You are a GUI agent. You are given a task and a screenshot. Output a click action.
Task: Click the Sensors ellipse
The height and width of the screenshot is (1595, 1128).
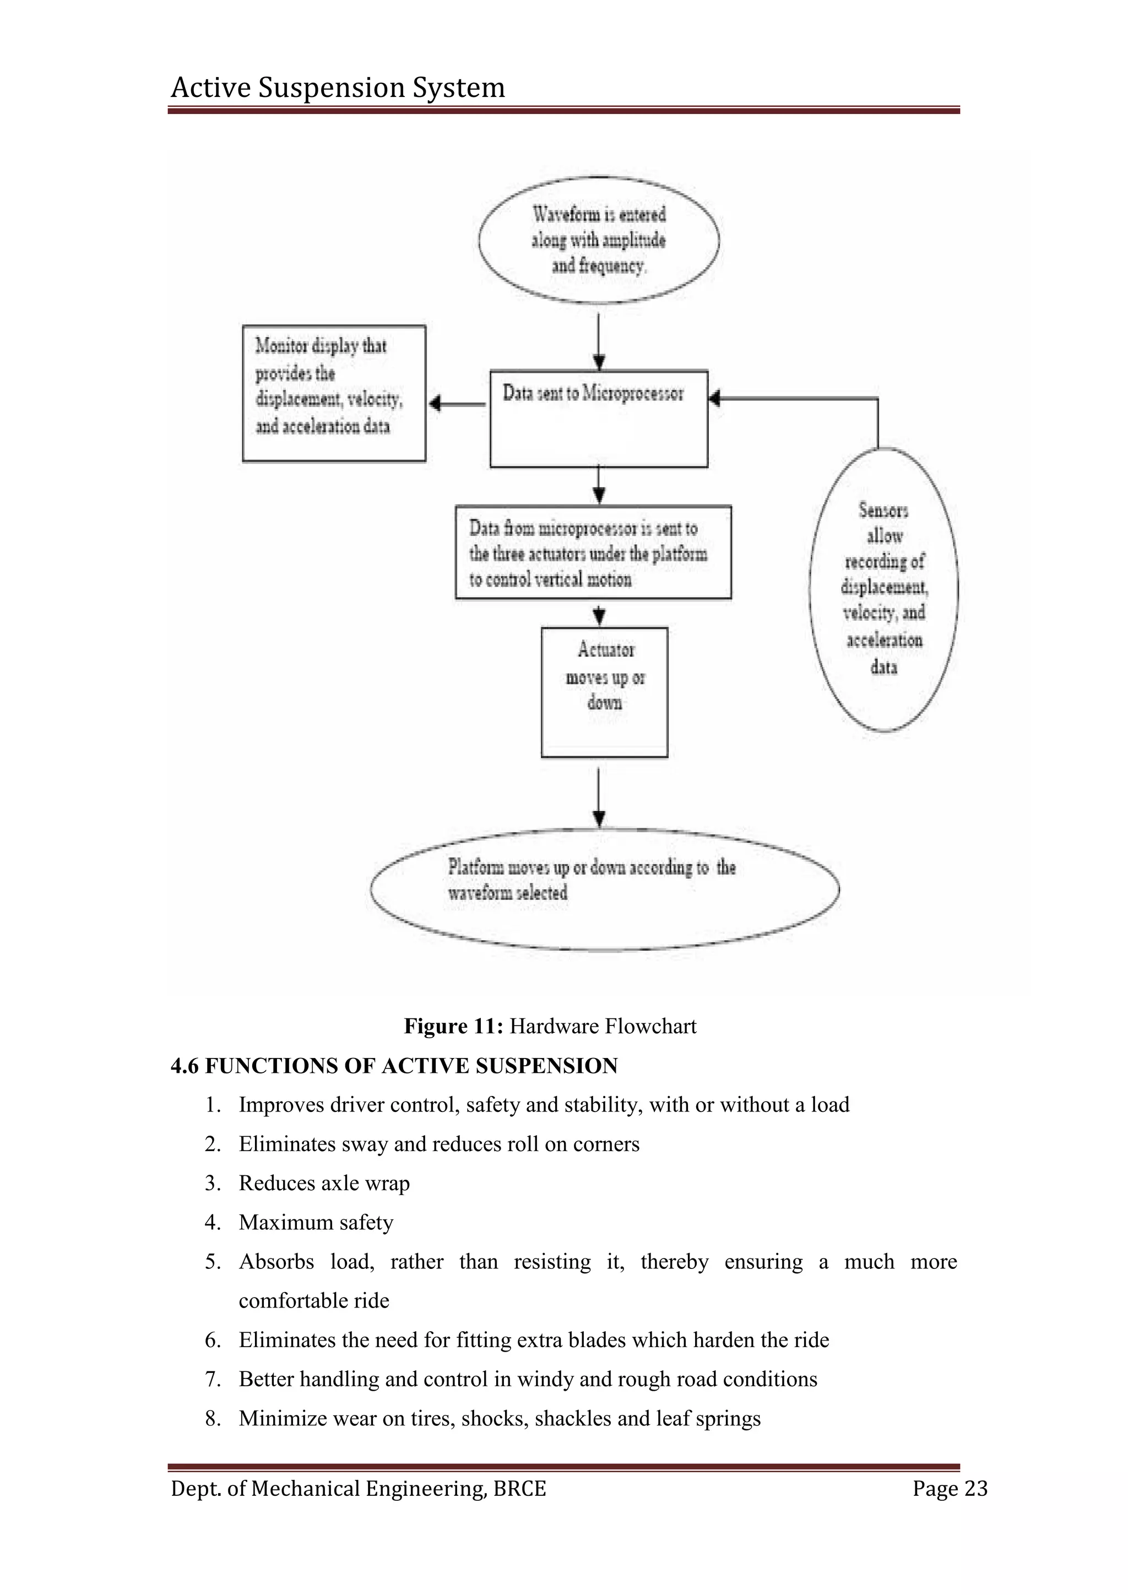click(x=883, y=589)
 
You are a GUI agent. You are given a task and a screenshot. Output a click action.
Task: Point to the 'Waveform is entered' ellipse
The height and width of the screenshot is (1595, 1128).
click(x=599, y=240)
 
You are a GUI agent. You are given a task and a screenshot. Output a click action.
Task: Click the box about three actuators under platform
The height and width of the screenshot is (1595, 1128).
click(x=593, y=552)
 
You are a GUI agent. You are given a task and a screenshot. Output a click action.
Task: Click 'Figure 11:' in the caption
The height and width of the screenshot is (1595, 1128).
click(x=453, y=1026)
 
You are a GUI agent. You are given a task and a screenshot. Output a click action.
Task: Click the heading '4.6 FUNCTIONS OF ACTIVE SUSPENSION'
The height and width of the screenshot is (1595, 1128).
click(x=394, y=1066)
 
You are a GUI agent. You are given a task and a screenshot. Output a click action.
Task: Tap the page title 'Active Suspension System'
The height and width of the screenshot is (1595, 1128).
click(x=338, y=88)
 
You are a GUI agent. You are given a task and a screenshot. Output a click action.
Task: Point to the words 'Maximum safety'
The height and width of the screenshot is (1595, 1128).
click(x=316, y=1222)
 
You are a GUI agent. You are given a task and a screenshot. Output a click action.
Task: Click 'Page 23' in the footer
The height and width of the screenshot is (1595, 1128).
click(x=950, y=1488)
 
